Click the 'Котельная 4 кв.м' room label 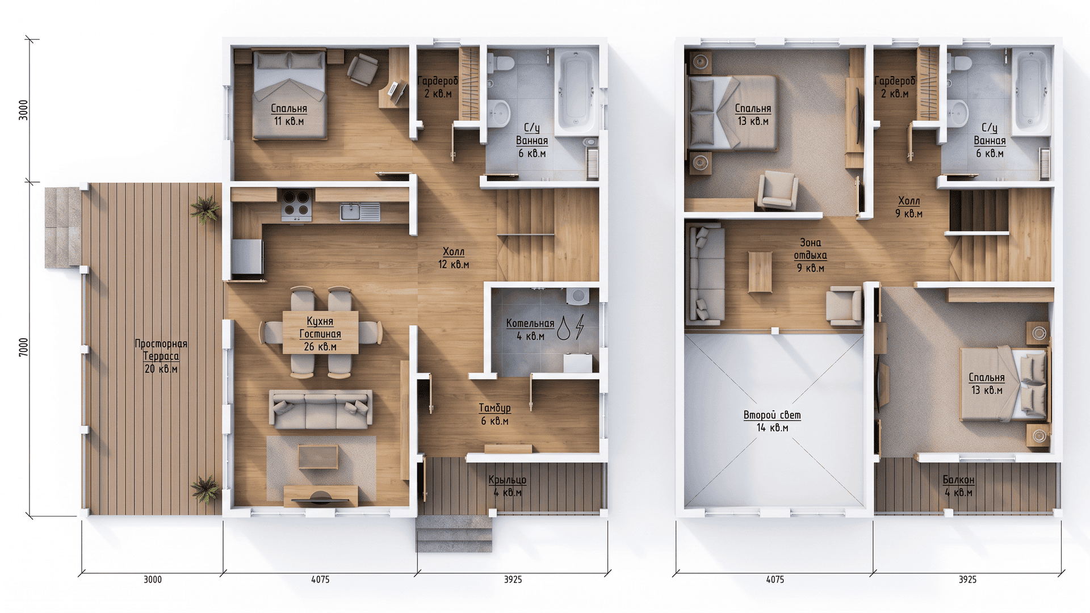tap(530, 329)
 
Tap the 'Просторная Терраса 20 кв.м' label tap(161, 356)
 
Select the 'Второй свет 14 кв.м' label tap(772, 421)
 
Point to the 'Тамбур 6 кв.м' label tap(494, 414)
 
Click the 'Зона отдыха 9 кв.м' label tap(810, 255)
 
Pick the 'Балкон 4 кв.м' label tap(958, 486)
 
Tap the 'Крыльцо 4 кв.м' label tap(508, 486)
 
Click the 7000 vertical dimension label tap(23, 347)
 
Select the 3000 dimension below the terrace tap(152, 580)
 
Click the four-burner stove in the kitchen tap(297, 205)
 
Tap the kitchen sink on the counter tap(360, 211)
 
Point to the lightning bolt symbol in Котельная tap(580, 328)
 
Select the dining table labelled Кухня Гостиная tap(320, 333)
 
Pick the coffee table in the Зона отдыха tap(760, 272)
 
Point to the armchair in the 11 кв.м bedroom tap(362, 69)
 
